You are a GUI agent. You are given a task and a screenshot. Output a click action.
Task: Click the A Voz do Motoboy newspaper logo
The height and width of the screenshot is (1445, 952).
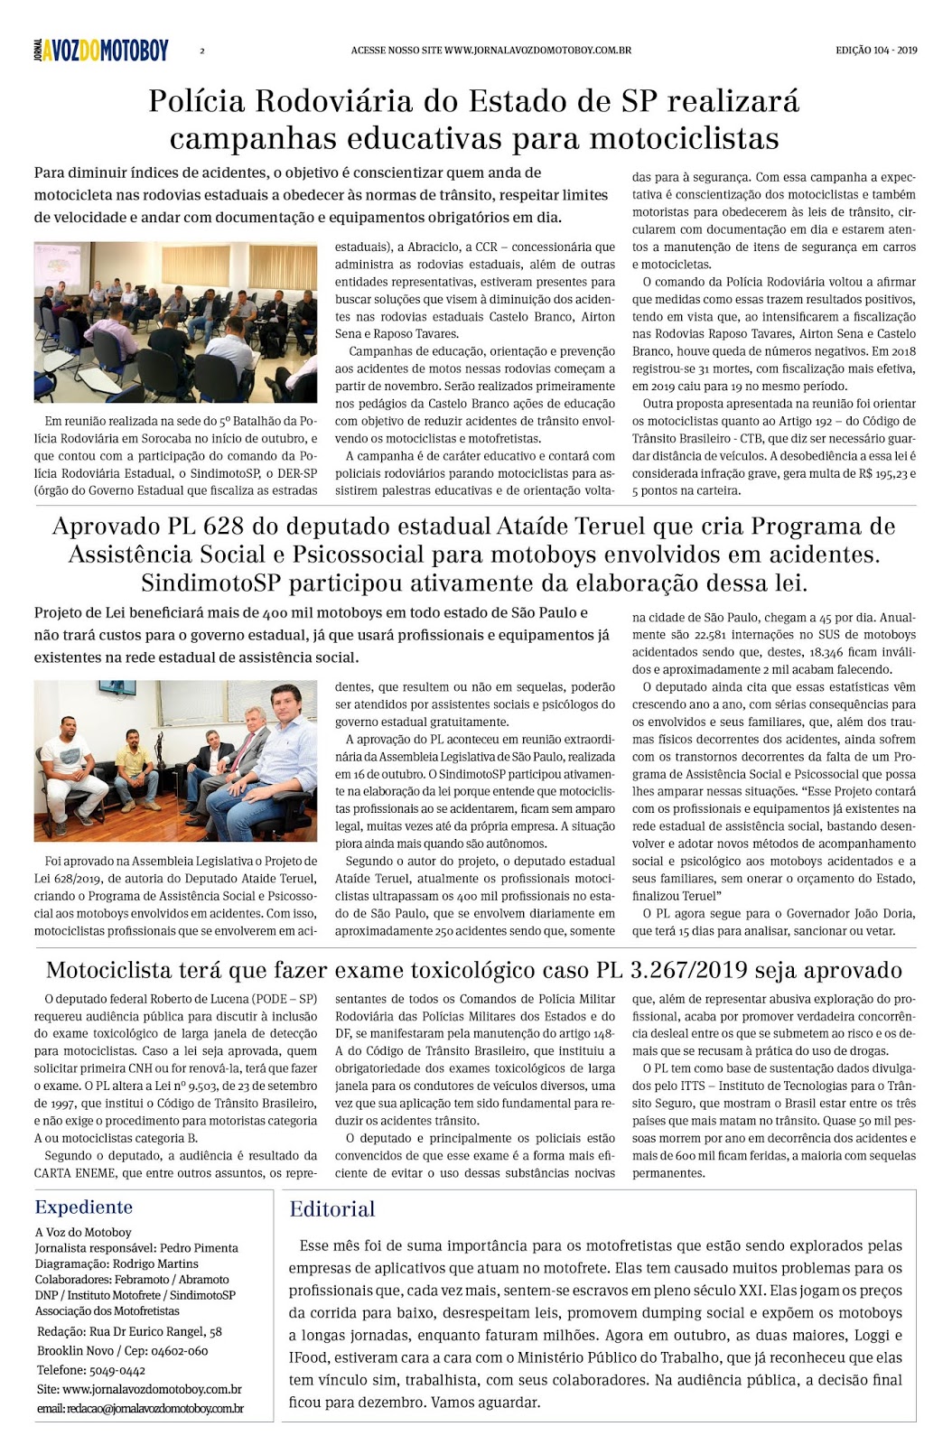click(101, 51)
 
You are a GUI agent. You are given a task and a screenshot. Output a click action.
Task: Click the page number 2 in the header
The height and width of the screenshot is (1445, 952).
click(201, 51)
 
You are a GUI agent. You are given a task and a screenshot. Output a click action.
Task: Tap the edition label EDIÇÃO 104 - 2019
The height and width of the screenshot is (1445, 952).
click(875, 51)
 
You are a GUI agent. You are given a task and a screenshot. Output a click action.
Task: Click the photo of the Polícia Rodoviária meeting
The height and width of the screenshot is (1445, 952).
click(175, 322)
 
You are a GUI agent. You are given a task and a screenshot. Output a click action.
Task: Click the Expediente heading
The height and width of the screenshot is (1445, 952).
click(83, 1207)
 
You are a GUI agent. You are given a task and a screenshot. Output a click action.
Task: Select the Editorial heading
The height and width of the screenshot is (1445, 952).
click(331, 1209)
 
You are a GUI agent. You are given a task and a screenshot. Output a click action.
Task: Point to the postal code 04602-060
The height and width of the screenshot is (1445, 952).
click(179, 1351)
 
